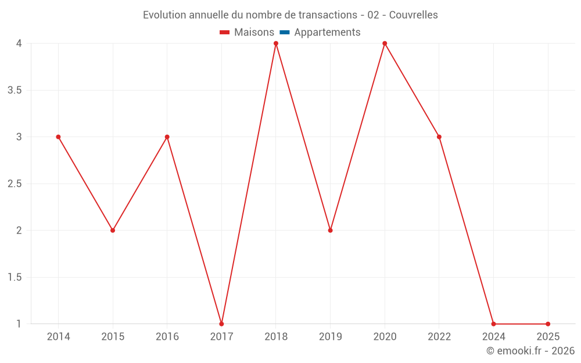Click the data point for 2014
(x=58, y=137)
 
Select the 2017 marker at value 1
(x=221, y=324)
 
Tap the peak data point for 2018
(x=276, y=44)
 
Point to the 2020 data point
(x=385, y=44)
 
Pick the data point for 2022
(x=439, y=137)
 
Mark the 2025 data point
(x=548, y=324)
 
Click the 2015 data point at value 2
(x=113, y=231)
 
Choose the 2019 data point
(x=330, y=231)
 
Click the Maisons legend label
(x=254, y=33)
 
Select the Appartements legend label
(x=327, y=33)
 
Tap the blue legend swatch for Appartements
(x=285, y=33)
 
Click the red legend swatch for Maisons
(x=225, y=33)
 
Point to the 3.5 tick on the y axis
(x=15, y=90)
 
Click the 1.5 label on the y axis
(x=15, y=277)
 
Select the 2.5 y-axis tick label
(x=15, y=184)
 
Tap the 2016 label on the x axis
(x=167, y=337)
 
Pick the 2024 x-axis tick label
(x=493, y=337)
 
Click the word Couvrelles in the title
(x=413, y=15)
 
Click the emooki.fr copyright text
(x=530, y=351)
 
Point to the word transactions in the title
(x=326, y=15)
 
